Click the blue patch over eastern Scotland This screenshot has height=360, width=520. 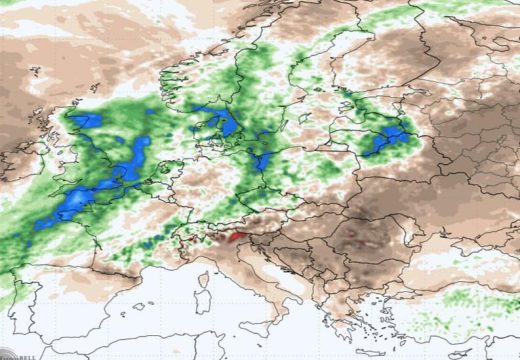(84, 122)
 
